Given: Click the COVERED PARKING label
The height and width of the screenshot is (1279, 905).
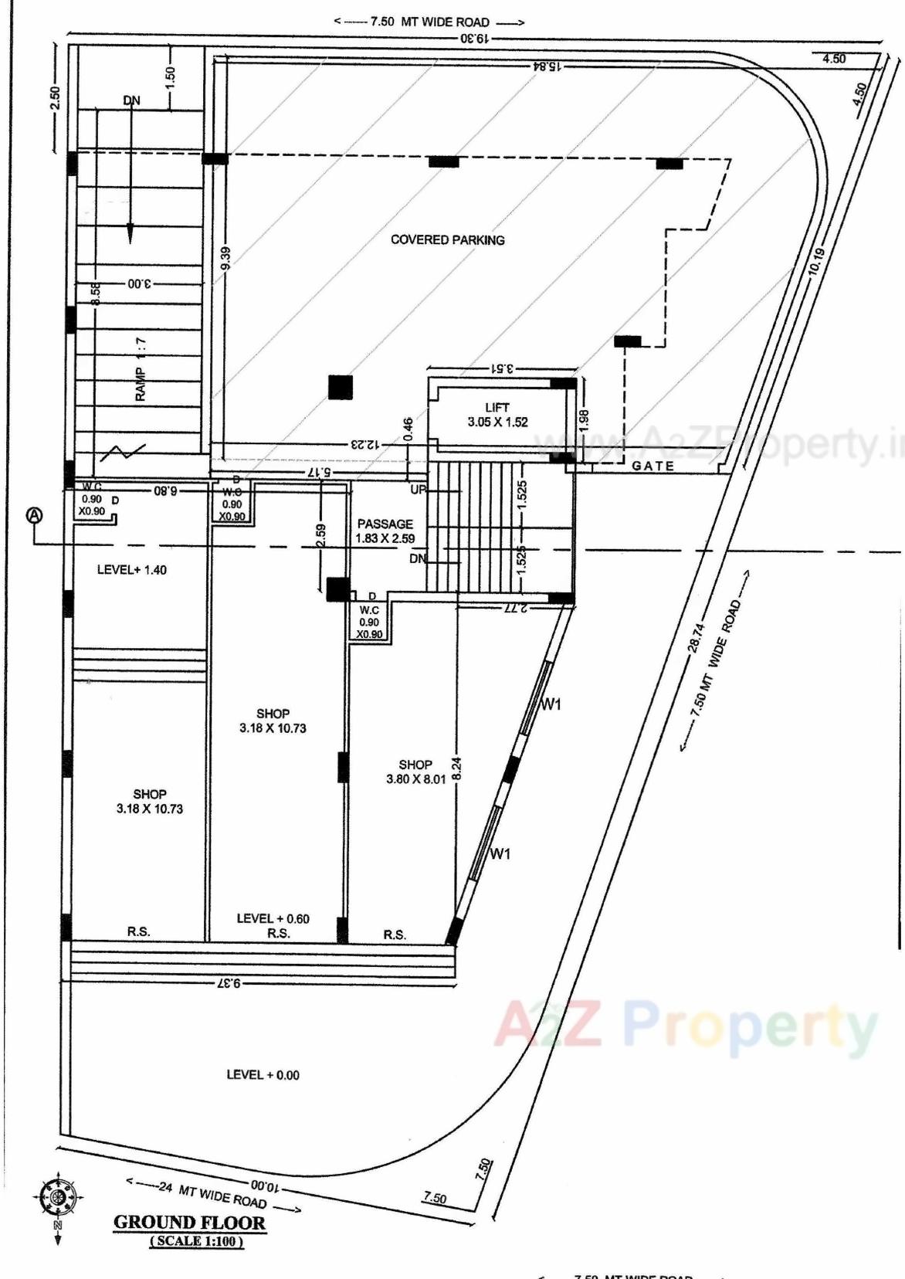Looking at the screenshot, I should [x=447, y=240].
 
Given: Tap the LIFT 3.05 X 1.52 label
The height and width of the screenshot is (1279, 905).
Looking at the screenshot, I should [x=497, y=415].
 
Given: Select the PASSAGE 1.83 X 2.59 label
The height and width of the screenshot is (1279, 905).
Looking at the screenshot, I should [x=385, y=531].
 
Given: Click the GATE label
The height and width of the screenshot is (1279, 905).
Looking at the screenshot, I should [x=652, y=466].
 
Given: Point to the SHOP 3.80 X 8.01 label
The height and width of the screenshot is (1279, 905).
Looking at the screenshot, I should [x=415, y=772].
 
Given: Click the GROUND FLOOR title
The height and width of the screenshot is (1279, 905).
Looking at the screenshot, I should [x=189, y=1223].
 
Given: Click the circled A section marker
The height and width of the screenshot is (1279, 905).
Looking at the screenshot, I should [x=35, y=515].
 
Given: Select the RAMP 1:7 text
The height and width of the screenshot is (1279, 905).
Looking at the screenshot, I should [x=141, y=369].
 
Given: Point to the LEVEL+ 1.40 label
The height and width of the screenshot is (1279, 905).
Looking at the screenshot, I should [x=131, y=570].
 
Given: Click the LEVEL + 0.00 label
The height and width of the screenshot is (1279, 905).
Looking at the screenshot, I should [x=263, y=1074].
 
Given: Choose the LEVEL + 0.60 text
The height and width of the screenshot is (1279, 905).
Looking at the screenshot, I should [x=273, y=918].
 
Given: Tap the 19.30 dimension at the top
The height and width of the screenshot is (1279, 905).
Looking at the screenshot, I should [x=473, y=37].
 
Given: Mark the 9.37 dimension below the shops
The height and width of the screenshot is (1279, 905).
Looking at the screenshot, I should [x=229, y=983].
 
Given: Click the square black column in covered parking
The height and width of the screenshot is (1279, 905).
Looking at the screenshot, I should [x=340, y=386].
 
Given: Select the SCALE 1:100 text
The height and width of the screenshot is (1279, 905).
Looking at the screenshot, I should [x=196, y=1241].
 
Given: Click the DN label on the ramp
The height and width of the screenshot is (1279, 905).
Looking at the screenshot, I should [x=132, y=100].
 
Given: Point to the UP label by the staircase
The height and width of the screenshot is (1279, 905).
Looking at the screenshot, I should [x=418, y=490].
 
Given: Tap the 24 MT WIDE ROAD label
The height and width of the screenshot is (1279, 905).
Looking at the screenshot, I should [x=212, y=1194].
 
